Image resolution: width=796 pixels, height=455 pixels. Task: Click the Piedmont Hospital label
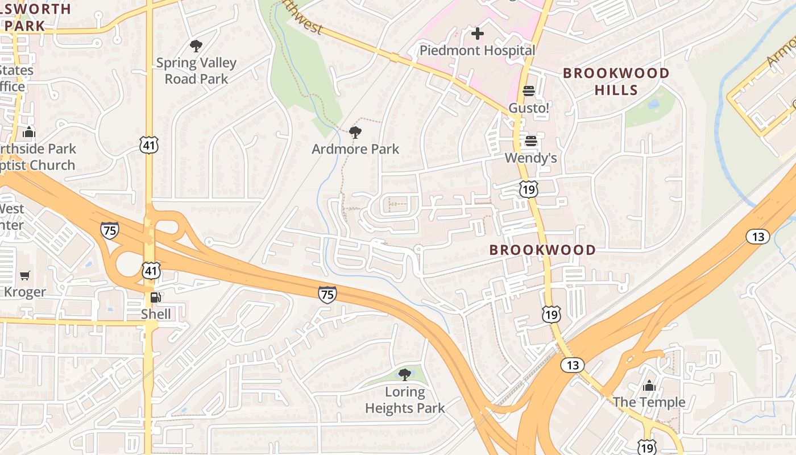[x=477, y=50]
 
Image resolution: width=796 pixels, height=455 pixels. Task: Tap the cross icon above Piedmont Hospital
[x=478, y=34]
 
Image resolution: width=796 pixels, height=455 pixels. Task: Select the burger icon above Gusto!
[x=529, y=91]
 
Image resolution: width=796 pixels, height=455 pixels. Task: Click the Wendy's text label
[x=530, y=158]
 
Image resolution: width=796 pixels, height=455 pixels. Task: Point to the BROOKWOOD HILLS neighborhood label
[x=616, y=81]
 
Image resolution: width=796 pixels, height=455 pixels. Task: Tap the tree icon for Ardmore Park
[x=355, y=133]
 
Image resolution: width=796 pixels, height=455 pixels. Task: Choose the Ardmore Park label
[x=355, y=149]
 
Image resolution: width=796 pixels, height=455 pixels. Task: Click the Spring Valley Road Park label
[x=196, y=71]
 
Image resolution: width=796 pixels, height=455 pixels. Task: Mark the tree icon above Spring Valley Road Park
[x=196, y=46]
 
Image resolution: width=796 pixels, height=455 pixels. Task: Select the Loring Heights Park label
[x=405, y=400]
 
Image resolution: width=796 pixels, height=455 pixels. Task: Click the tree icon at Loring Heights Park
[x=405, y=374]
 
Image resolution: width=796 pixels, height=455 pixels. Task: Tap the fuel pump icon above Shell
[x=155, y=297]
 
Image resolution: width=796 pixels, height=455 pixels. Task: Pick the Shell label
[x=156, y=314]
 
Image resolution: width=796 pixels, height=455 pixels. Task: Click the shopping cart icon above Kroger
[x=24, y=276]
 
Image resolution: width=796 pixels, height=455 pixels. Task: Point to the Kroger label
[x=24, y=292]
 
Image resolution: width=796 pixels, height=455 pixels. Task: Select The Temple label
[x=649, y=402]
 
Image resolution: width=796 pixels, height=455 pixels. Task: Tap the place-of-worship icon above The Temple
[x=649, y=386]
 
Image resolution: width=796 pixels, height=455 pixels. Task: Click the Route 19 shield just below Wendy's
[x=529, y=189]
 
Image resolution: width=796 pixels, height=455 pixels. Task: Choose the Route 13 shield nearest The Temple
[x=573, y=365]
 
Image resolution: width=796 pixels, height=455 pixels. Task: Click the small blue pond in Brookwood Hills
[x=653, y=104]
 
